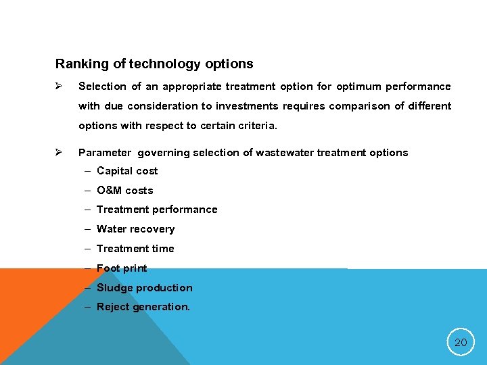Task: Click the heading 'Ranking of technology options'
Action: pyautogui.click(x=154, y=64)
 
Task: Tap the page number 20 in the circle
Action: pyautogui.click(x=461, y=343)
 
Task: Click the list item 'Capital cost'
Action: pyautogui.click(x=127, y=171)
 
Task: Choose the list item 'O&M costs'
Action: pyautogui.click(x=125, y=191)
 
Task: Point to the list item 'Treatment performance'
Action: pyautogui.click(x=157, y=210)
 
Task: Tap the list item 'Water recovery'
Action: pyautogui.click(x=135, y=229)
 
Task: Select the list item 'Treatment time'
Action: pyautogui.click(x=135, y=249)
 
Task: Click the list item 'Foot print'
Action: pyautogui.click(x=122, y=268)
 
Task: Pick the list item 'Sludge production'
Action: pyautogui.click(x=145, y=288)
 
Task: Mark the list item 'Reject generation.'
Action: pyautogui.click(x=143, y=307)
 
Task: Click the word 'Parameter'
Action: pyautogui.click(x=105, y=153)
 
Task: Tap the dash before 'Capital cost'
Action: pyautogui.click(x=89, y=171)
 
